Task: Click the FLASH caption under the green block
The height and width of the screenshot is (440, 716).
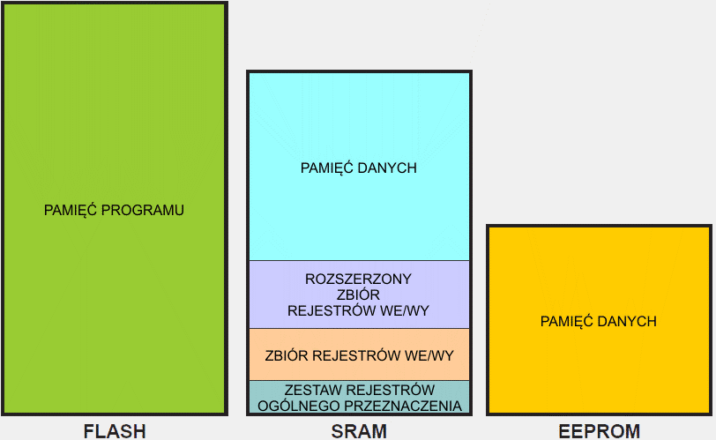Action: [114, 431]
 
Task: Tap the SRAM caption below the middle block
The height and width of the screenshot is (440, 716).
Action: [359, 431]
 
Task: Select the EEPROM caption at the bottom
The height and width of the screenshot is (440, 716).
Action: [600, 431]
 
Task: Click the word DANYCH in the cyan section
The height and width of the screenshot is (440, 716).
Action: [388, 168]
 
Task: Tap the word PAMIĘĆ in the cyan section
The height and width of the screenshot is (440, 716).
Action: [328, 168]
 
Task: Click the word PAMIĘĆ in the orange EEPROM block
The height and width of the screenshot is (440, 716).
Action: [567, 321]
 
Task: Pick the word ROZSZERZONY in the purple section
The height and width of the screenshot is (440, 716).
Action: [359, 279]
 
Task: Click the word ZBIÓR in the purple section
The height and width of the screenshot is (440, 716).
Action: [359, 295]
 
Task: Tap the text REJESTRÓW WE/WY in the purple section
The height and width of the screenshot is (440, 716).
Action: [359, 310]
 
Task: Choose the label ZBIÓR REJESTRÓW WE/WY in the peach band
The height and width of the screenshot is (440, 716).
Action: [359, 356]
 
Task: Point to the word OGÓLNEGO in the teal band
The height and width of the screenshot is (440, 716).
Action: [293, 406]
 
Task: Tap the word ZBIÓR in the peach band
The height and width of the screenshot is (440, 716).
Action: [286, 356]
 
